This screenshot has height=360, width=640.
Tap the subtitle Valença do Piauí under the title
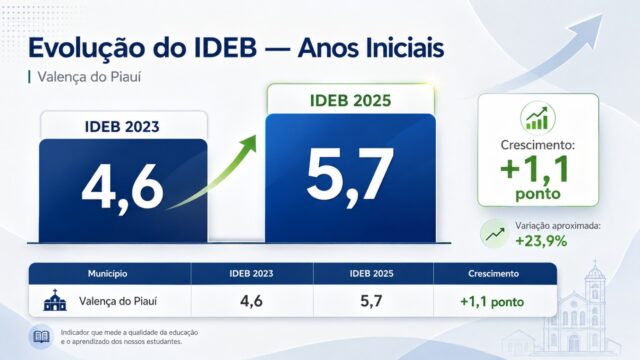[x=89, y=77]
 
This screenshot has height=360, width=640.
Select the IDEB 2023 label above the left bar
[x=122, y=127]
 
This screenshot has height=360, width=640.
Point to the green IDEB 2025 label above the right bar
[x=350, y=101]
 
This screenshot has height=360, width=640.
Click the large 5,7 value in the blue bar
[x=350, y=176]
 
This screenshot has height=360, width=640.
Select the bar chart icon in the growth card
[x=538, y=118]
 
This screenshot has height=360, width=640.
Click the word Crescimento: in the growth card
[x=538, y=145]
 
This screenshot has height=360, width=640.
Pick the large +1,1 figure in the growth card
[x=535, y=169]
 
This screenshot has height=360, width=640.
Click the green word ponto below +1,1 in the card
[x=538, y=194]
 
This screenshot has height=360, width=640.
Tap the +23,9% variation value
[x=541, y=241]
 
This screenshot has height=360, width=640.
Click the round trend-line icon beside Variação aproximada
[x=495, y=234]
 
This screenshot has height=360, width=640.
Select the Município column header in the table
[x=107, y=273]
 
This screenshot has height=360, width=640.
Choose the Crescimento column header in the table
[x=493, y=273]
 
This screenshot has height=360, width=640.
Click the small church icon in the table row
[x=55, y=300]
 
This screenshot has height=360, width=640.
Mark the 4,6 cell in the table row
[x=251, y=301]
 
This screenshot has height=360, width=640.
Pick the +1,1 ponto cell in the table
[x=492, y=302]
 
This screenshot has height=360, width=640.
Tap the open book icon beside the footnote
[x=41, y=337]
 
